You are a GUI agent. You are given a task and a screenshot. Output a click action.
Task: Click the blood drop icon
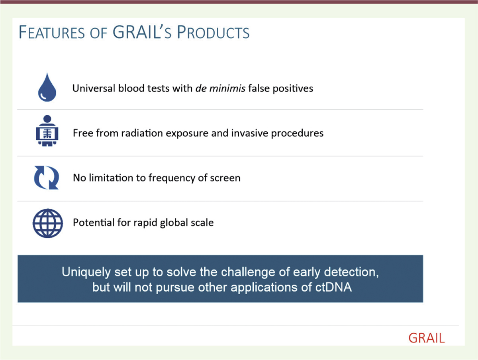(47, 88)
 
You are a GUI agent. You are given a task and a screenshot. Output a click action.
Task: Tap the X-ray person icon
(47, 131)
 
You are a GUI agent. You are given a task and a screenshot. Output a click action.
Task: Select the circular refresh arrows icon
(46, 178)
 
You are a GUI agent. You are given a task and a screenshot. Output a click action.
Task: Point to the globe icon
(48, 223)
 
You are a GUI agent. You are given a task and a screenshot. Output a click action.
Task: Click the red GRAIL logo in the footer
(426, 338)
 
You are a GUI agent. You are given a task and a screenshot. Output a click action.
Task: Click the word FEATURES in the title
(52, 32)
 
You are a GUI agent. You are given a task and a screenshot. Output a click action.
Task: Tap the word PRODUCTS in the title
(213, 32)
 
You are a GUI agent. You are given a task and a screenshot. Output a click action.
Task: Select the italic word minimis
(227, 88)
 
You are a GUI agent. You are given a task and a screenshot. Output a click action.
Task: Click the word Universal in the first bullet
(94, 88)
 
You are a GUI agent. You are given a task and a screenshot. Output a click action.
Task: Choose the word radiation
(142, 133)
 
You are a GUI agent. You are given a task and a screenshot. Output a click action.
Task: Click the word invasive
(250, 133)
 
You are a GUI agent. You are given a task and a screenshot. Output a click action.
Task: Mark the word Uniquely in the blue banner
(86, 272)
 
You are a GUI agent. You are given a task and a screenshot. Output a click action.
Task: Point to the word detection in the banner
(351, 272)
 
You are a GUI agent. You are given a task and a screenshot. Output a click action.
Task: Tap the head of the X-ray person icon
(47, 119)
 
